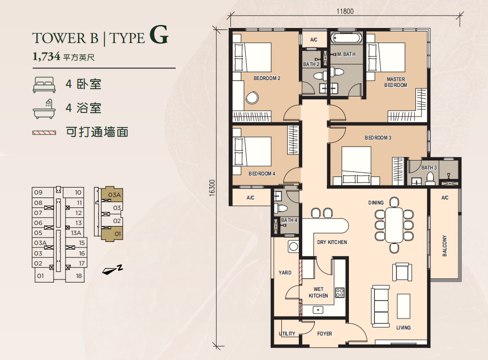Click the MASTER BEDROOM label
pos(395,82)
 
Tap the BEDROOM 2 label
pos(267,78)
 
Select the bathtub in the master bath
pos(346,38)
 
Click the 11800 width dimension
pos(345,11)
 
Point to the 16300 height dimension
pos(212,187)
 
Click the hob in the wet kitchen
pos(339,292)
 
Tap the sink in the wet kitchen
pos(318,309)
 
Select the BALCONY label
pos(444,245)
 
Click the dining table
pos(394,225)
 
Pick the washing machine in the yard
pos(293,246)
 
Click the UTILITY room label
pos(287,333)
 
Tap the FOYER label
pos(324,333)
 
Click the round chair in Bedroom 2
pos(252,97)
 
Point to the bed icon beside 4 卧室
pos(44,84)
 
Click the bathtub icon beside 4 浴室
pos(44,109)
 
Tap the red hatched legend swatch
pos(44,132)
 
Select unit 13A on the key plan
pos(76,233)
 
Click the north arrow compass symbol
pos(112,270)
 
